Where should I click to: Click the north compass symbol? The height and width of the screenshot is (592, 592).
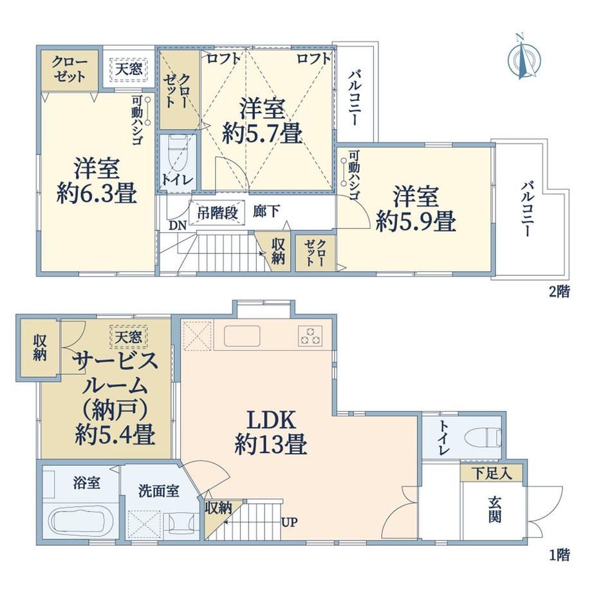524,57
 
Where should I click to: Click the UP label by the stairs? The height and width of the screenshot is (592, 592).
290,522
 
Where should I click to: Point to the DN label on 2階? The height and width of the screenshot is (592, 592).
178,225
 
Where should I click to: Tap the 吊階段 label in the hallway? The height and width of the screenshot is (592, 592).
217,213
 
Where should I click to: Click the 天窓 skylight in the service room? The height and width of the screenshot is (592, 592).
129,337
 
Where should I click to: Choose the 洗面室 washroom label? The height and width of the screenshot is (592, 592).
158,491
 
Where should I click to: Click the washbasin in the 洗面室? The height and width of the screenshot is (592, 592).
181,523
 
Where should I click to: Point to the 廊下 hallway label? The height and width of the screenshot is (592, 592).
266,212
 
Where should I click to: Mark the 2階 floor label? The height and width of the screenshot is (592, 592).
559,292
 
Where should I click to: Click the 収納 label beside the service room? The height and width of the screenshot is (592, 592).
39,347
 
